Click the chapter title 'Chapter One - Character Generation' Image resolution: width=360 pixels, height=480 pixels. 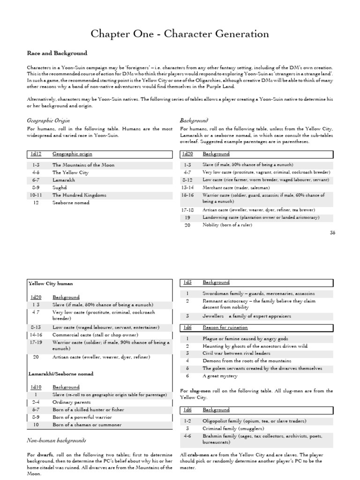coord(180,34)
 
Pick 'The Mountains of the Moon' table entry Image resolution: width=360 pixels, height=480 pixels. coord(83,165)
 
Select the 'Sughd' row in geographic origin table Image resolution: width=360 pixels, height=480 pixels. coord(60,187)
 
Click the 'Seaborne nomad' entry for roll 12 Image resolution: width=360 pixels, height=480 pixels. coord(70,202)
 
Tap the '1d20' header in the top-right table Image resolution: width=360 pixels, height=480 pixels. coord(187,154)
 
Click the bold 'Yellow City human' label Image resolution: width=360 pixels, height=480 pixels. coord(50,284)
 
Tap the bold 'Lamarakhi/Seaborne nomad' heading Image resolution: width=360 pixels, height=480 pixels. coord(60,374)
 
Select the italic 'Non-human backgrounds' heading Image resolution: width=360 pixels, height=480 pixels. coord(57,441)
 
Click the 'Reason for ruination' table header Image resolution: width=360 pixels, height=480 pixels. coord(225,327)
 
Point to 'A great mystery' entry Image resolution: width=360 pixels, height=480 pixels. coord(220,376)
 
